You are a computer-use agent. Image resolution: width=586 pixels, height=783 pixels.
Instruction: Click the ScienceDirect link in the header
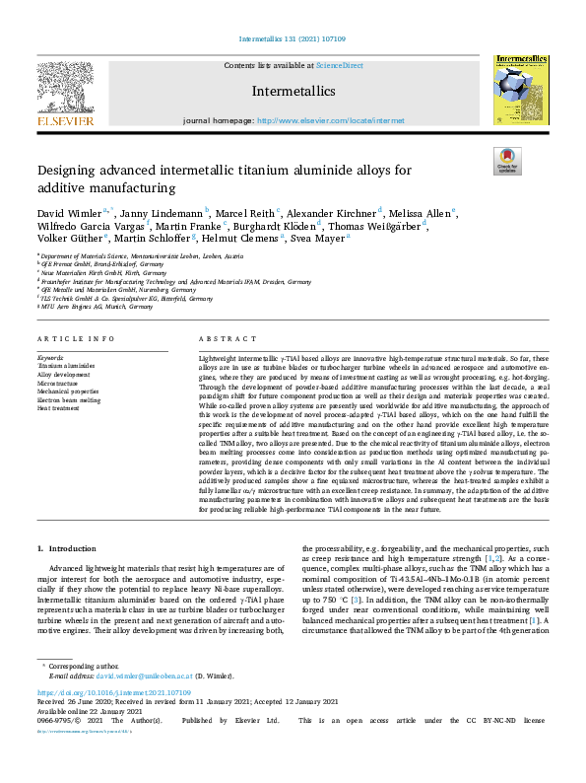point(339,65)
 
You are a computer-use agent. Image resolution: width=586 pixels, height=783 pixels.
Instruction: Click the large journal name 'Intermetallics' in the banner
point(293,92)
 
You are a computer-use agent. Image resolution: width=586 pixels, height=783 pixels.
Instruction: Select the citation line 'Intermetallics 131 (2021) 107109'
point(293,40)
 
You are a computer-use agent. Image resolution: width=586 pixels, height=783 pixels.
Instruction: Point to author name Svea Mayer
point(323,238)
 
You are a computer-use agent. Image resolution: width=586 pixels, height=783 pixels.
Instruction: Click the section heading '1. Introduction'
point(67,547)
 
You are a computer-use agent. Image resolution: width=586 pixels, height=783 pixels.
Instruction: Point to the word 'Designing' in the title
point(69,171)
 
